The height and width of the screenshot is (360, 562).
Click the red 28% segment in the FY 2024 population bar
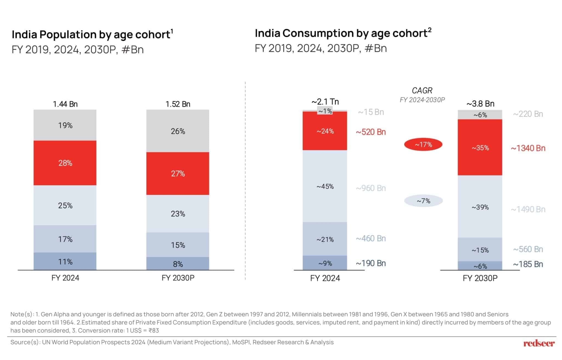[65, 163]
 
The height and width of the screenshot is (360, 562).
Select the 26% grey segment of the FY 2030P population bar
[178, 131]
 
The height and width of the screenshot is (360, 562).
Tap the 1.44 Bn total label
[65, 104]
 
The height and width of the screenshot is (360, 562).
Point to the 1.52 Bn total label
[178, 104]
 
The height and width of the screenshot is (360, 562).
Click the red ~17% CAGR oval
[423, 144]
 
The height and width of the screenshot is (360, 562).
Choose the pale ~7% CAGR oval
[423, 201]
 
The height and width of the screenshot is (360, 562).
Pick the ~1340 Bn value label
[528, 148]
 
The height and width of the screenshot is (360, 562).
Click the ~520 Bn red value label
[371, 132]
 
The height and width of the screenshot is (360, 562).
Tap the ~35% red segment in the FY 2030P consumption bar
[480, 147]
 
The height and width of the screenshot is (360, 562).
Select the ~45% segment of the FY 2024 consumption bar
[325, 186]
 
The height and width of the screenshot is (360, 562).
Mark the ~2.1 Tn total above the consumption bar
[325, 102]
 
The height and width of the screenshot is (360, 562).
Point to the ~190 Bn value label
[371, 263]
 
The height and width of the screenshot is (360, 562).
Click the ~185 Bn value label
[528, 264]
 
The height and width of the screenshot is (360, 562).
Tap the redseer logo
[539, 343]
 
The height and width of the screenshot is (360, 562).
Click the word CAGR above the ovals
[422, 90]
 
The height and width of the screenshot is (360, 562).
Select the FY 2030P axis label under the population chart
[178, 278]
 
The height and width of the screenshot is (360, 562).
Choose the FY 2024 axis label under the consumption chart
[325, 278]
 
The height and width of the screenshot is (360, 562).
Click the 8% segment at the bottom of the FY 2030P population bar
[178, 264]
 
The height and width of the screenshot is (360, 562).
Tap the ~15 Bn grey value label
[371, 112]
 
